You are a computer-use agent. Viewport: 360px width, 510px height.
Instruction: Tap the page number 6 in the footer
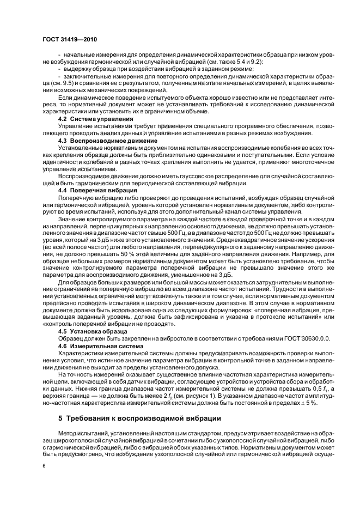[44, 466]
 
